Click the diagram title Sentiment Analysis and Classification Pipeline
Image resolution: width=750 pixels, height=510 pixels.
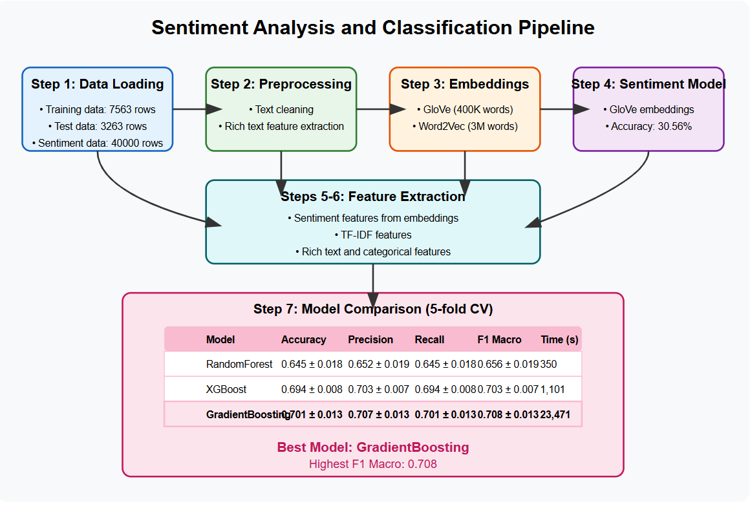coord(373,28)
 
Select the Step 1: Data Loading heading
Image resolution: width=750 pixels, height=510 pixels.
coord(98,85)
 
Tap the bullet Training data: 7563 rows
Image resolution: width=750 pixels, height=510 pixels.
coord(98,110)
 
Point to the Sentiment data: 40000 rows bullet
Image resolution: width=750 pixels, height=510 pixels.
coord(98,143)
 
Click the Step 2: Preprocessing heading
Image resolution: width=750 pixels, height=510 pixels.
coord(281,85)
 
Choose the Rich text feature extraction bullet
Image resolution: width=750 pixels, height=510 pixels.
coord(281,127)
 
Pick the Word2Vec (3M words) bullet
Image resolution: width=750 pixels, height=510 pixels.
coord(465,127)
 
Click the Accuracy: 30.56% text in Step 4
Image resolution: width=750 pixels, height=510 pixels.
coord(648,127)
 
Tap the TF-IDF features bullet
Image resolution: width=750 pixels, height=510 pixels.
coord(373,235)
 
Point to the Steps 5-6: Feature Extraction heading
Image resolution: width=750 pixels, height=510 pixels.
coord(373,197)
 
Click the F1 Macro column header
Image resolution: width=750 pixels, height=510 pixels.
coord(499,339)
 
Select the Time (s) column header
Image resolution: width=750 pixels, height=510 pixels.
coord(559,339)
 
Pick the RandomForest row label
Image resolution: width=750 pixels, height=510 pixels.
coord(239,365)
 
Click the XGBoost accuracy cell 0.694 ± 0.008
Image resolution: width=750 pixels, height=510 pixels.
coord(312,390)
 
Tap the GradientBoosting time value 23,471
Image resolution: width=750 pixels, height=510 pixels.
coord(555,415)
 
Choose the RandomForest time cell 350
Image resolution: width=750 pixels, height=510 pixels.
coord(549,365)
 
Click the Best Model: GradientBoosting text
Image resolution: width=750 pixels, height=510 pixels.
coord(373,447)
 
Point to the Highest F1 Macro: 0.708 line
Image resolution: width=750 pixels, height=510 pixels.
coord(373,464)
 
